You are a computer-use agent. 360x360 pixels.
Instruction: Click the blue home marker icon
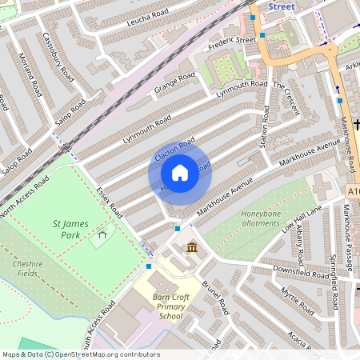pyautogui.click(x=180, y=173)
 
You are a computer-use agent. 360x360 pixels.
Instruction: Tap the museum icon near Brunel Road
pyautogui.click(x=192, y=249)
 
